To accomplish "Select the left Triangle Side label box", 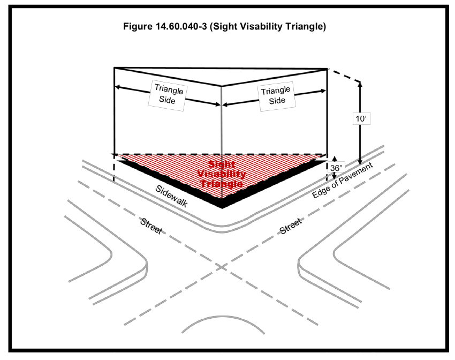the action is point(169,96).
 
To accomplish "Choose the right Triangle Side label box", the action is point(277,96).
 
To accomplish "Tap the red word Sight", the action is point(221,165).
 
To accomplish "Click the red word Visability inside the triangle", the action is point(222,174).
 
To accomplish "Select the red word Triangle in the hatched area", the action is point(222,183).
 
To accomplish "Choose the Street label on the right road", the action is point(291,226).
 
